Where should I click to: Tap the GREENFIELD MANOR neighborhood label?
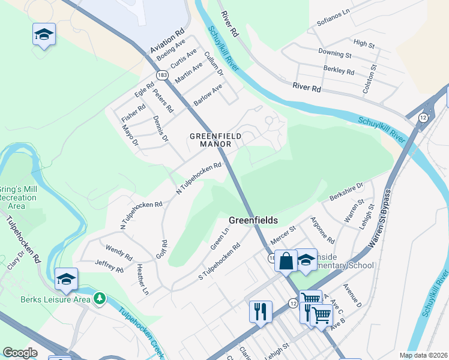click(x=215, y=140)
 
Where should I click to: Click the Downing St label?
click(x=335, y=54)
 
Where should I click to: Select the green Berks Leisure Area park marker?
click(x=100, y=298)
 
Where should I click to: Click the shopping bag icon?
click(x=286, y=260)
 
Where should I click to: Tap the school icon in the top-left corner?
click(x=44, y=34)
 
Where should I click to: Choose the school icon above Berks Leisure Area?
click(x=66, y=278)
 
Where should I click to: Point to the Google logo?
click(x=20, y=353)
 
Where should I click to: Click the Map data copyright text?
click(x=423, y=355)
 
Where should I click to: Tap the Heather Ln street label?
click(x=142, y=280)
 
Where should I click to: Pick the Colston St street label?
click(x=369, y=79)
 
